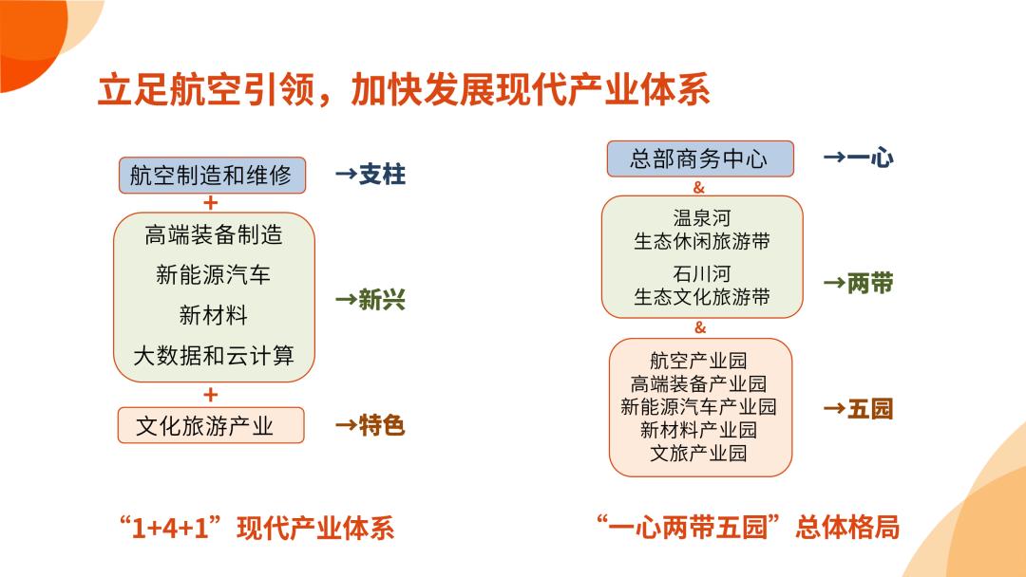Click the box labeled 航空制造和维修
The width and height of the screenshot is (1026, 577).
pos(212,176)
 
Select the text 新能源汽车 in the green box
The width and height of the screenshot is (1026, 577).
pos(214,274)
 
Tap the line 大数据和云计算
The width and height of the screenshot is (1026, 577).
pos(214,356)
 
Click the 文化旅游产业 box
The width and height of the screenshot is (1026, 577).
pos(211,425)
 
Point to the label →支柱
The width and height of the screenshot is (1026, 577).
pos(370,175)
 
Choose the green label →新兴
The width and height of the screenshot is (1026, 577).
pos(370,300)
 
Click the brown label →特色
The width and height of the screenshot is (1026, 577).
pos(370,425)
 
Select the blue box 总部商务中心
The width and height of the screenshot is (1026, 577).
pos(700,158)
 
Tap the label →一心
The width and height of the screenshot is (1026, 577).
pos(859,158)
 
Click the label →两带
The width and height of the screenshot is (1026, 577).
pos(859,284)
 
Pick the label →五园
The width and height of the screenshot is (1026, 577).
pos(859,409)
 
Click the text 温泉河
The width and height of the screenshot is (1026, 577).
pos(701,217)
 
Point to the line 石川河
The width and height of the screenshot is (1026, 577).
pos(701,274)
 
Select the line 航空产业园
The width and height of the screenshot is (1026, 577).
pos(698,361)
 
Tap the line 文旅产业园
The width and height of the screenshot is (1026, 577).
pos(698,453)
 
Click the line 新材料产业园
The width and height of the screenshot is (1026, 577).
pos(698,430)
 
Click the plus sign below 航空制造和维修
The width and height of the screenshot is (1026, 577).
pos(210,203)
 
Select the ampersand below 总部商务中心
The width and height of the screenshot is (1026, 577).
pos(699,188)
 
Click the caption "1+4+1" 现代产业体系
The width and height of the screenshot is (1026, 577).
pos(256,528)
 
